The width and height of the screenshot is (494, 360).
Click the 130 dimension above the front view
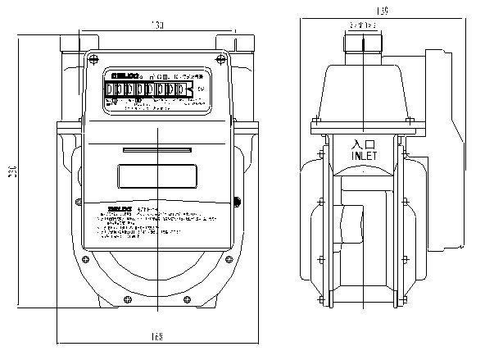[157, 27]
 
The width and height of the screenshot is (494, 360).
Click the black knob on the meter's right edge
[237, 200]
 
